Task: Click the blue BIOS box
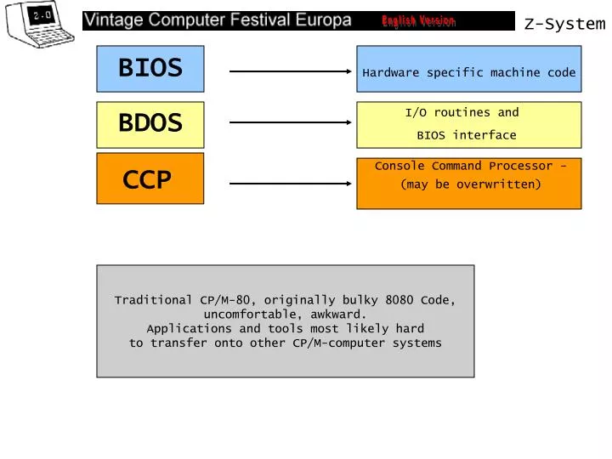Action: [150, 69]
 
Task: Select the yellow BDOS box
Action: [150, 124]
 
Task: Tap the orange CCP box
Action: [150, 179]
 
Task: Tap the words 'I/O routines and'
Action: [462, 112]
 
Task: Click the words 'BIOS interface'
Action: [466, 135]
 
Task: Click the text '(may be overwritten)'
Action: [470, 184]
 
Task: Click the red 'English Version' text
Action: [418, 21]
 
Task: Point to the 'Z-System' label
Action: [564, 24]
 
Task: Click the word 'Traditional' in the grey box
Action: [154, 300]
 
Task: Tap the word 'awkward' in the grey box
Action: [336, 314]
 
